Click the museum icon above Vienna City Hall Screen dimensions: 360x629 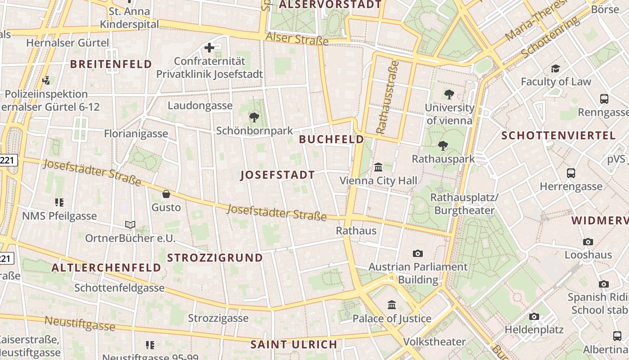378,167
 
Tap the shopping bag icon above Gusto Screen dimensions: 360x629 166,194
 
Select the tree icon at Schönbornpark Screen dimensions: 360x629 254,117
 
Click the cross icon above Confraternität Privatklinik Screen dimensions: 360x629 209,47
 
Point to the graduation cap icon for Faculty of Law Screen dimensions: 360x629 556,69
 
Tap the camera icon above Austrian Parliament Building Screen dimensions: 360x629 418,253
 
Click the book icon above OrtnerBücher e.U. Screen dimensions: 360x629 130,225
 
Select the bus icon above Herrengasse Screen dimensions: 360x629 571,173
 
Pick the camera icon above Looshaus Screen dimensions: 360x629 588,242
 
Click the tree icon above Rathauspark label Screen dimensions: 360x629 443,145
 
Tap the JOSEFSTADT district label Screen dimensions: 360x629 278,175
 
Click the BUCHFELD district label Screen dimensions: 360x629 332,139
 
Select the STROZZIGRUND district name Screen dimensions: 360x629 215,258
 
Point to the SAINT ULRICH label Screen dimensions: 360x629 294,345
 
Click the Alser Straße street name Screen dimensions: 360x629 297,39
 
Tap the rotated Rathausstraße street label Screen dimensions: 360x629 387,97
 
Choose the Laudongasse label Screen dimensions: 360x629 200,106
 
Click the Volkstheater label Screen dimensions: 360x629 434,342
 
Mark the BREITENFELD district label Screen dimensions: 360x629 111,64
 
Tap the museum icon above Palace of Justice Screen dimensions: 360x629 392,305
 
